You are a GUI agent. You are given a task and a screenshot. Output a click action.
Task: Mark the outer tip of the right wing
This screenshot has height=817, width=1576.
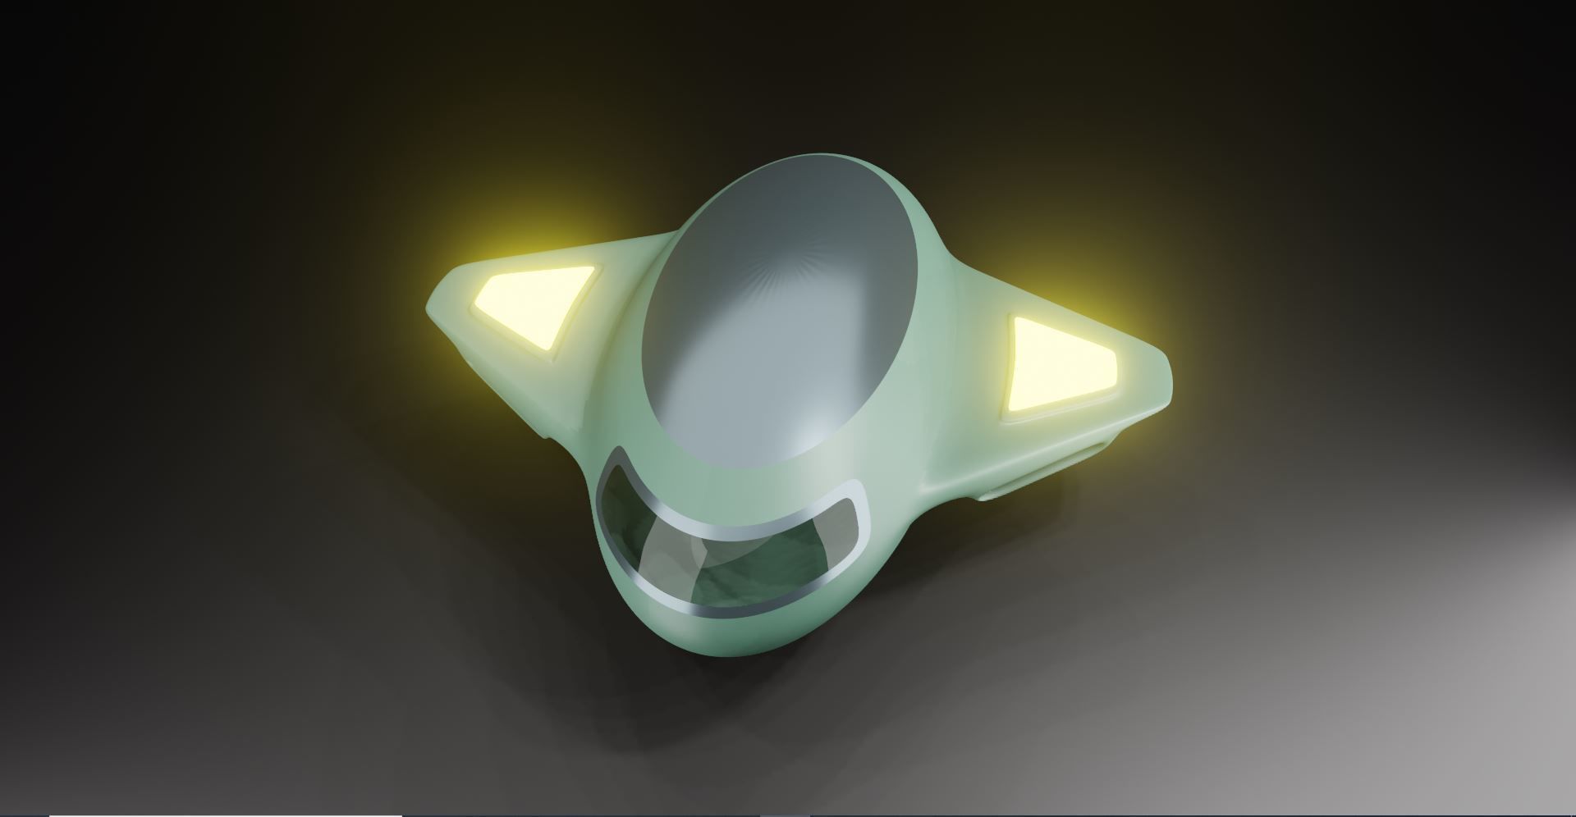1166,386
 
